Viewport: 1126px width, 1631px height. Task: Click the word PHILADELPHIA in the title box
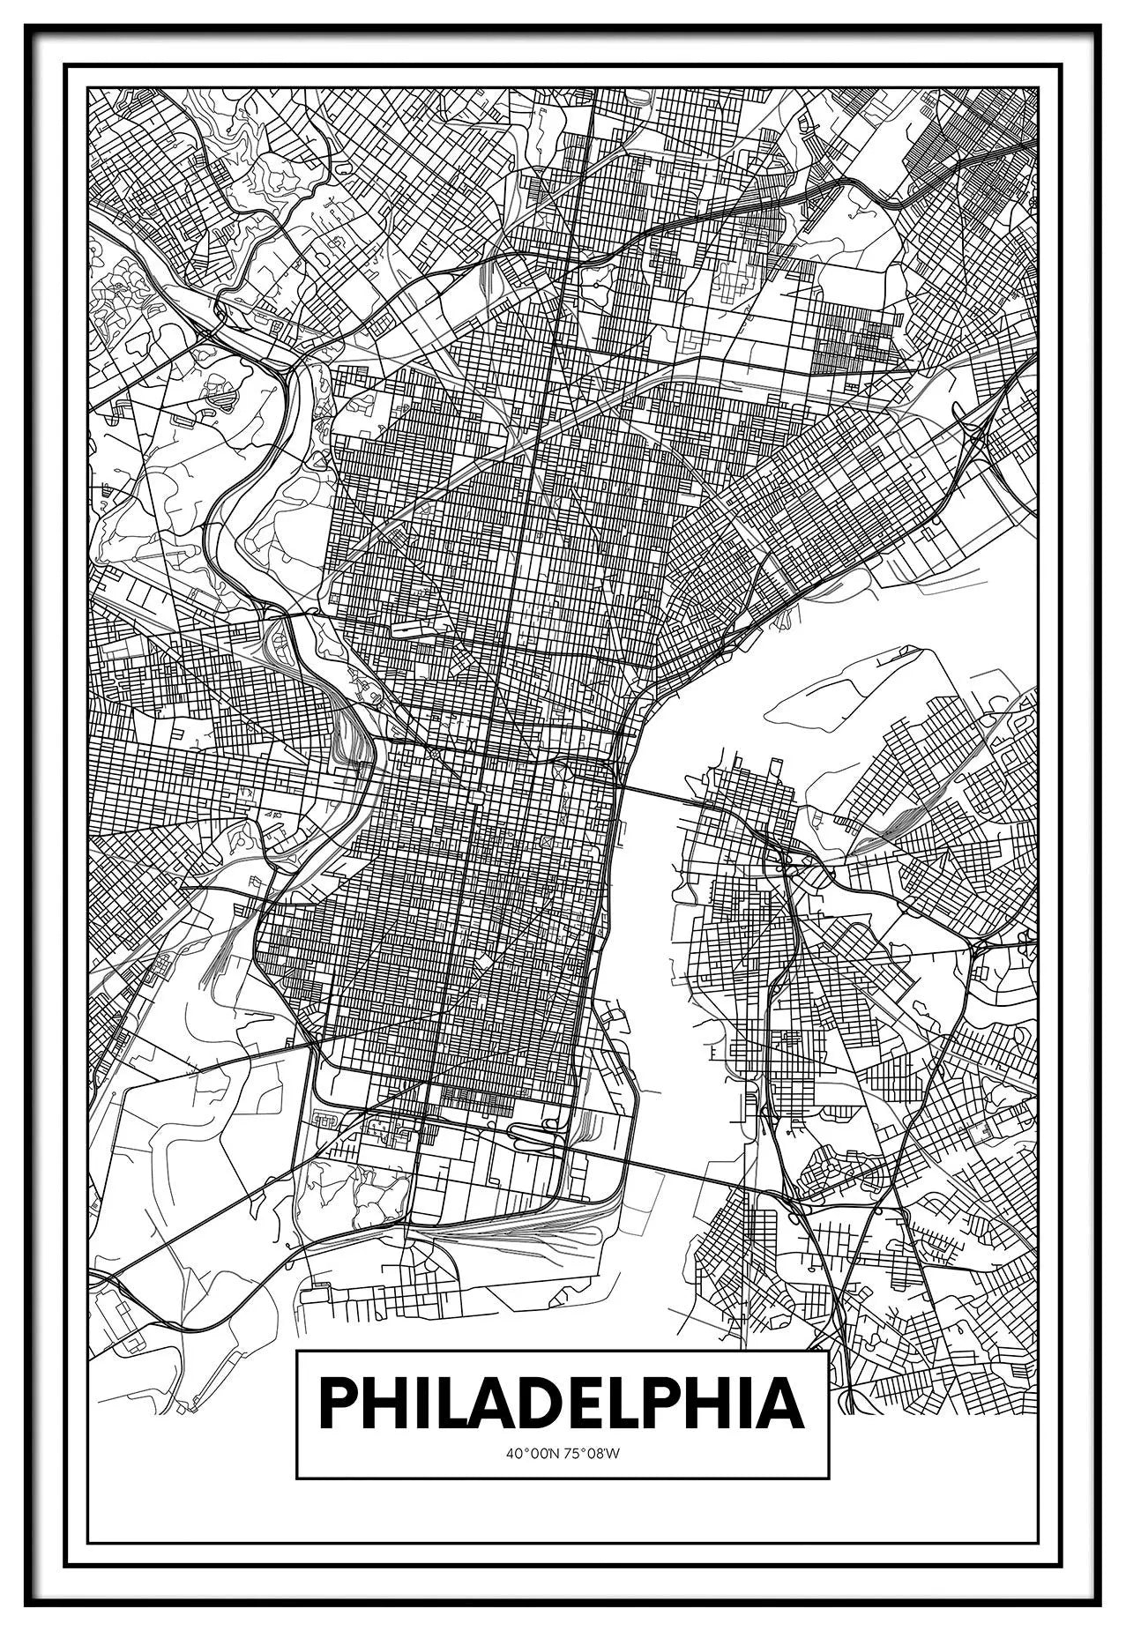(562, 1404)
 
